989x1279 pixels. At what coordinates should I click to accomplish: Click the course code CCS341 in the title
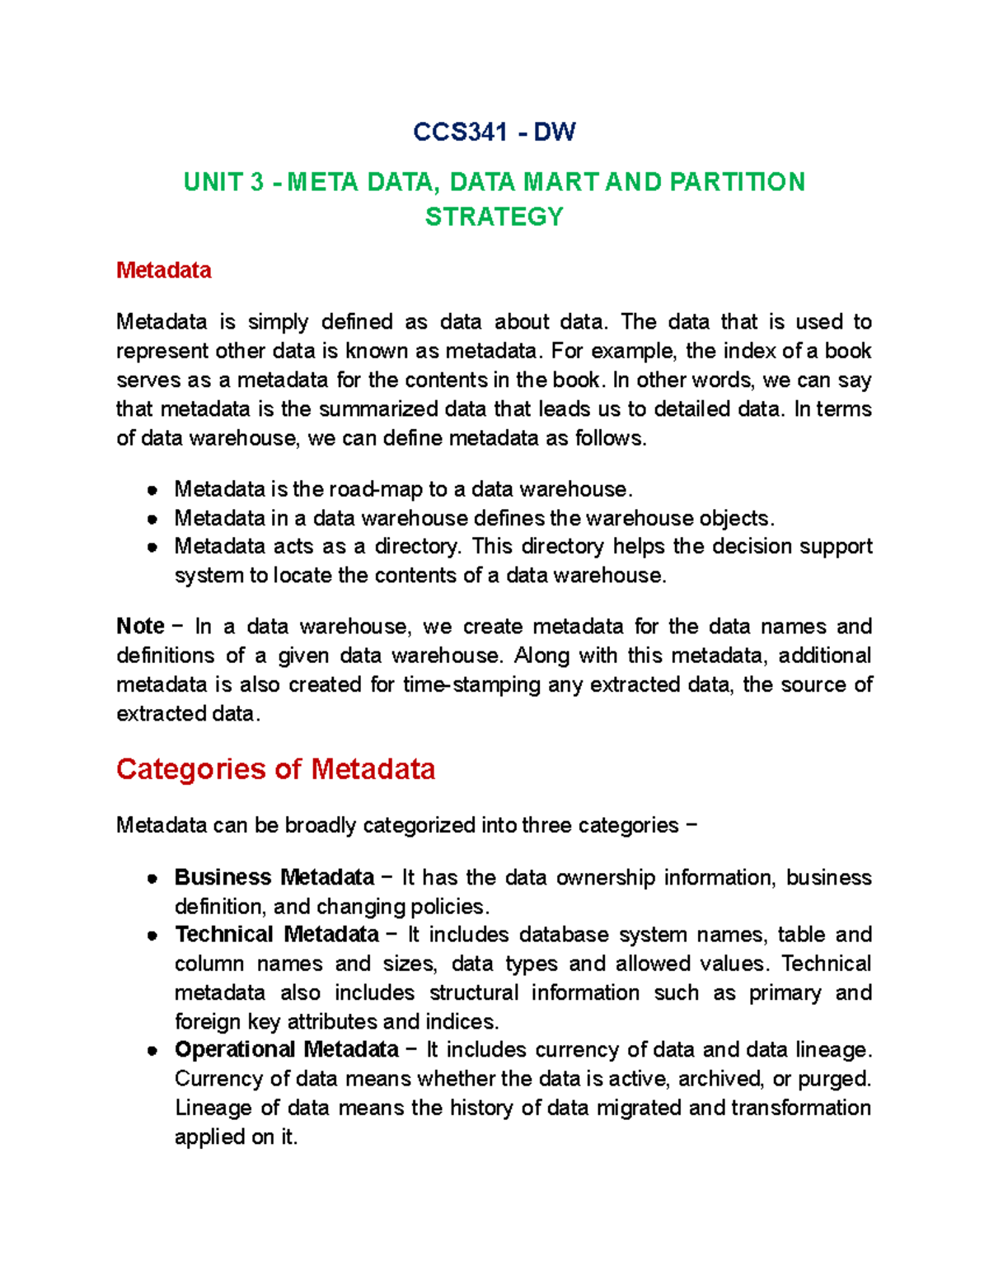460,132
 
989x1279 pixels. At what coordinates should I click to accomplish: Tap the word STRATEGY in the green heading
494,217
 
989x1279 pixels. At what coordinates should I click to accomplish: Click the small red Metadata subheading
163,270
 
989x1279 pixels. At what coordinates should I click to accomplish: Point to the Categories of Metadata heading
275,769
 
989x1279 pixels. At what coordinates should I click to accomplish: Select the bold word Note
140,626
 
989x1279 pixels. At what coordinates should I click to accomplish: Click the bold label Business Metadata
274,877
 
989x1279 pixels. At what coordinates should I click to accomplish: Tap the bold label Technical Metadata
277,935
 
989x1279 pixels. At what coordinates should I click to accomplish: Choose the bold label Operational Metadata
287,1050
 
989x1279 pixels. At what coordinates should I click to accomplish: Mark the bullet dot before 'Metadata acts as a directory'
152,547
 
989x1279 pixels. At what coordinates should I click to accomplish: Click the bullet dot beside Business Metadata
152,878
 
